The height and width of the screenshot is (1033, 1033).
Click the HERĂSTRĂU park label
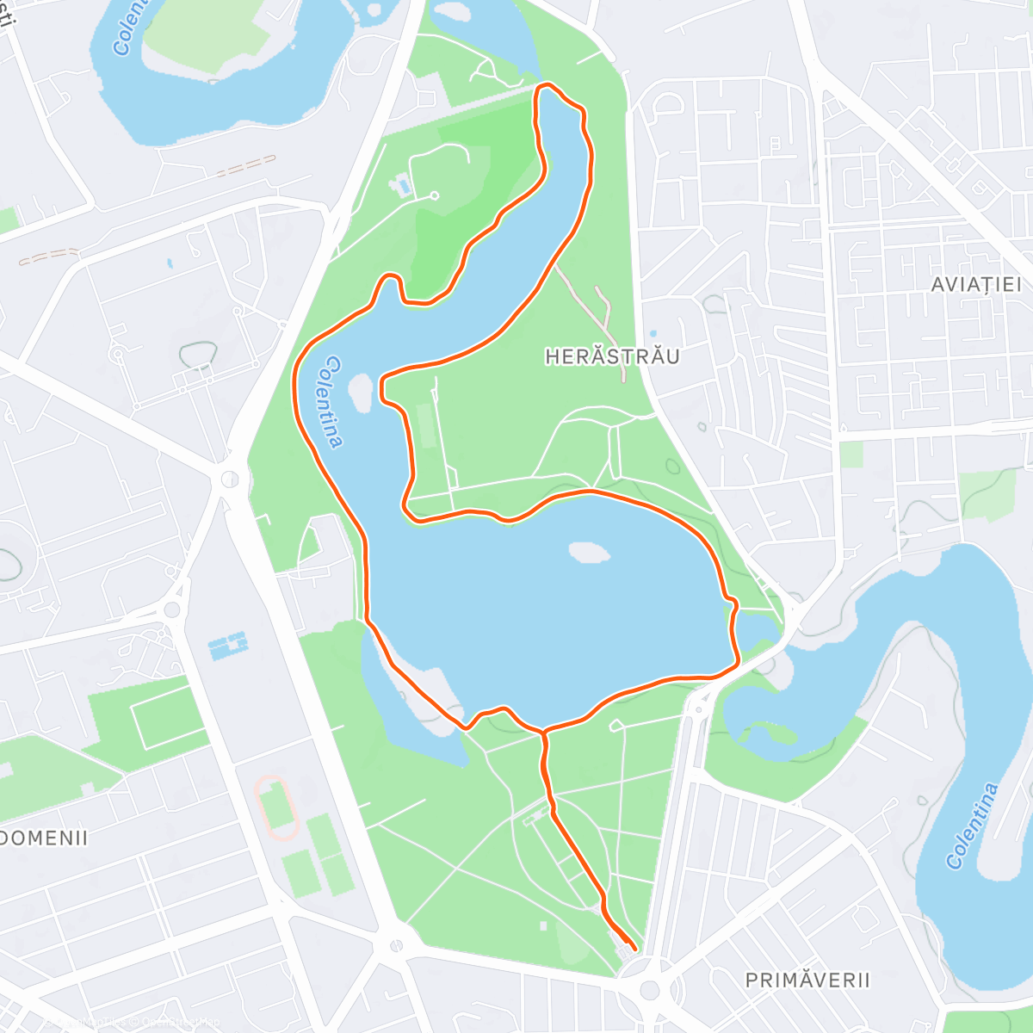612,356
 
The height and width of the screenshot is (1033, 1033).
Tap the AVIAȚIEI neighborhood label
976,284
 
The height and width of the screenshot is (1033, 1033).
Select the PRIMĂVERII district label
807,980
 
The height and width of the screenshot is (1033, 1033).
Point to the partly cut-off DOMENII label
43,838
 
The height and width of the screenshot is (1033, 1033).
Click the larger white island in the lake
589,552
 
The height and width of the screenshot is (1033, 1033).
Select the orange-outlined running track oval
276,807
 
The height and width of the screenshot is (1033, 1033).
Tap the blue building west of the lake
228,644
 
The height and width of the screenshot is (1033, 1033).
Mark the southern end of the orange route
634,949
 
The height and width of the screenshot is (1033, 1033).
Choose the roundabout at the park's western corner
230,478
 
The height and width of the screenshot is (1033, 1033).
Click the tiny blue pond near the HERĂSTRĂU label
653,333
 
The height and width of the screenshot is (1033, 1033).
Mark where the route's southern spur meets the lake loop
543,732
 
